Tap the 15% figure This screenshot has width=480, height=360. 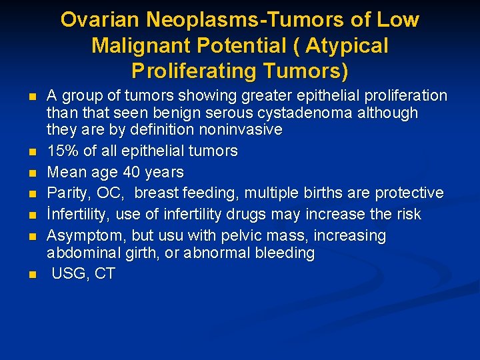[x=61, y=151]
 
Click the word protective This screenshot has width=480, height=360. [x=409, y=193]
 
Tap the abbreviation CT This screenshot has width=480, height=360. [x=105, y=274]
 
